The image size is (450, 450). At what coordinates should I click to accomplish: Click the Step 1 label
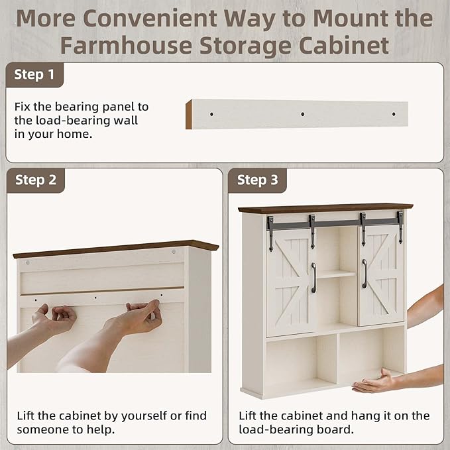point(34,75)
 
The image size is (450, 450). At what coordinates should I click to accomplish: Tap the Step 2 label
point(36,180)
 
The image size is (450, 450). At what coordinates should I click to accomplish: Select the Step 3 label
point(257,180)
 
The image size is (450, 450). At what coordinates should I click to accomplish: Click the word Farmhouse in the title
point(126,45)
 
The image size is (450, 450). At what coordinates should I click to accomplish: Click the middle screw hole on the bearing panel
point(302,114)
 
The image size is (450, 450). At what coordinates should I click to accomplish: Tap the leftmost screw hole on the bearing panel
point(211,114)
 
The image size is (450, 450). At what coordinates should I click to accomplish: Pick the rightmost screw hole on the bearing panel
point(394,114)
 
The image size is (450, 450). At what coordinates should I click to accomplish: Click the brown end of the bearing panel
point(189,115)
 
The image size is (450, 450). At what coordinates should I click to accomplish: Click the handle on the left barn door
point(313,278)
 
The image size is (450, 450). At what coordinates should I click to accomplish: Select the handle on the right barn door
point(365,274)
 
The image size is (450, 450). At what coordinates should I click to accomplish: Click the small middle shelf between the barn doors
point(337,274)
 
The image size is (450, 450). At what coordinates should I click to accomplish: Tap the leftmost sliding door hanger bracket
point(270,233)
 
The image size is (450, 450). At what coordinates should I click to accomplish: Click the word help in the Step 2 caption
point(100,429)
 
